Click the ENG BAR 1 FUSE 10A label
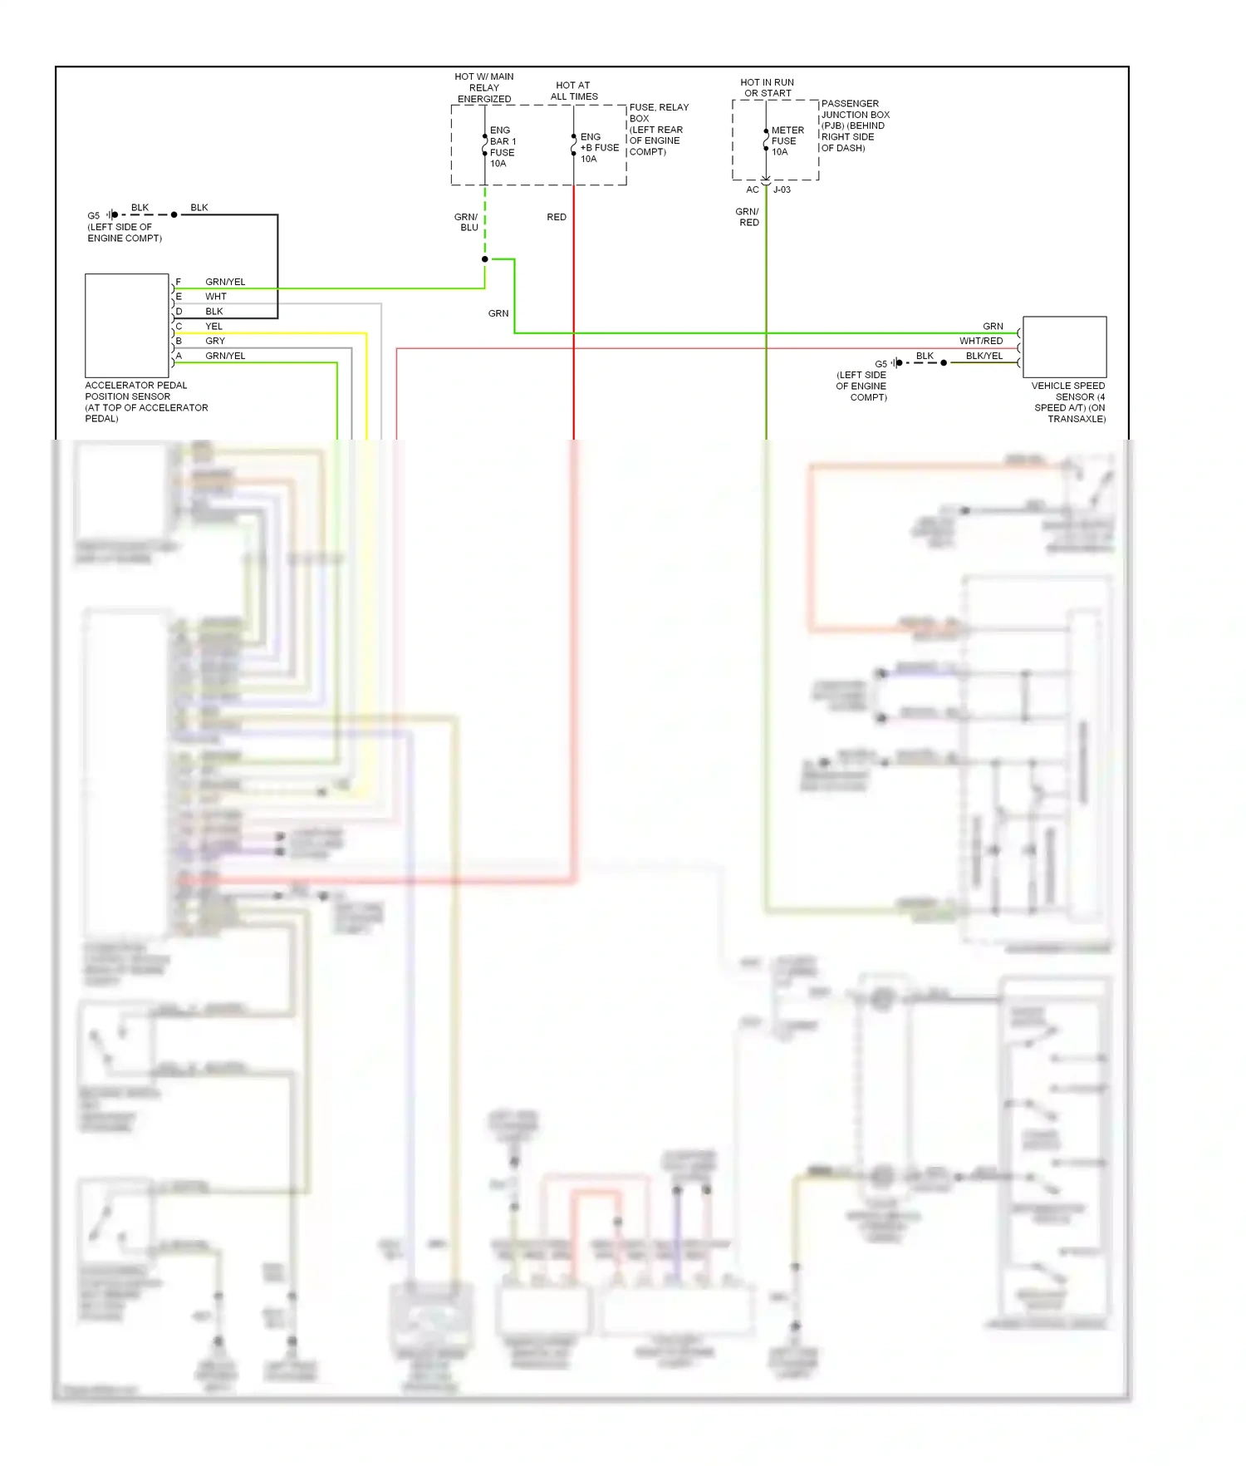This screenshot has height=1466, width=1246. pos(503,147)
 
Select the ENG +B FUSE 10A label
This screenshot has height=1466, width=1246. pos(599,148)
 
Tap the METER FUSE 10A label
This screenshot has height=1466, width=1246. pos(787,141)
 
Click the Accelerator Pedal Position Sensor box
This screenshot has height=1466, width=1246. pos(127,326)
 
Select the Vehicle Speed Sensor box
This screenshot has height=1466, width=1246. pos(1064,347)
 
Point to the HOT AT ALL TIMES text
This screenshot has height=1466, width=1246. pos(573,91)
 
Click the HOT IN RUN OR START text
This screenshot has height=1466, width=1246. pos(767,87)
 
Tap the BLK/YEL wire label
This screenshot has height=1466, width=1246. pos(984,356)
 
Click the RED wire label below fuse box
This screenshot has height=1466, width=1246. pos(557,217)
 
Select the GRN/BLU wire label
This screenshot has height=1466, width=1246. pos(467,222)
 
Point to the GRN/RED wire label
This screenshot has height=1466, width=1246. pos(748,217)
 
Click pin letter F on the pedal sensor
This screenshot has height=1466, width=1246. pos(178,282)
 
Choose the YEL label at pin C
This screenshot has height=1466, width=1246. pos(213,327)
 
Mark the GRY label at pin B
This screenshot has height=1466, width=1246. pos(215,341)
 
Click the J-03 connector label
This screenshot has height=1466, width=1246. pos(782,189)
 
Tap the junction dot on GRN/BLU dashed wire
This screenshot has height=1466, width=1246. pos(485,259)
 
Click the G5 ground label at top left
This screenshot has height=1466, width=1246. pos(94,215)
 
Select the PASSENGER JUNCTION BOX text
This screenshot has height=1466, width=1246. pos(855,109)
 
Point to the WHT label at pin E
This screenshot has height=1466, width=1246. pos(215,297)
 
